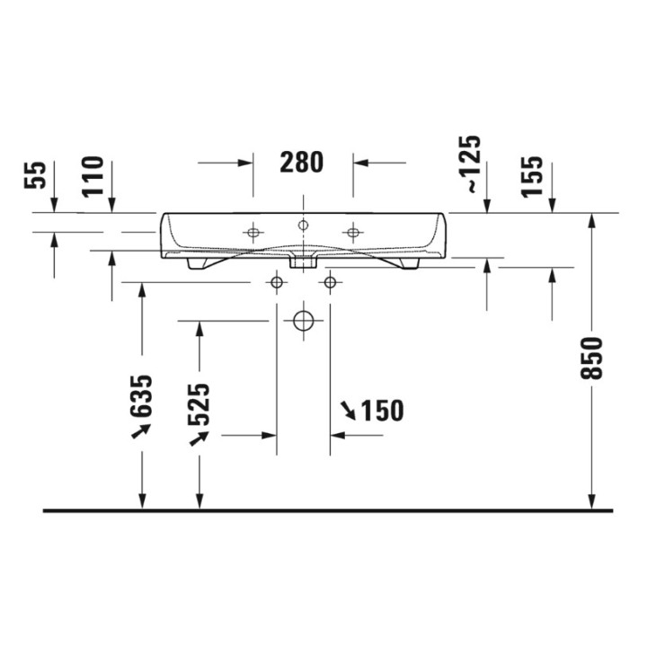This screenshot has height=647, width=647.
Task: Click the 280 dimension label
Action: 302,162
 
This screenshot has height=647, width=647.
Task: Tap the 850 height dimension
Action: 591,358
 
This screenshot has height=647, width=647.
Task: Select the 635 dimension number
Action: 141,395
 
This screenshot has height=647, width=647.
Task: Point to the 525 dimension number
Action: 199,404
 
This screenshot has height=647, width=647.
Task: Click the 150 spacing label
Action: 382,411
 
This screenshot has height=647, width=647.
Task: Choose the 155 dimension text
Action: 531,176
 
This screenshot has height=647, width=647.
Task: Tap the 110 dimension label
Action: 93,176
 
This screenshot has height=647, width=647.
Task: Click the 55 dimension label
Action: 35,175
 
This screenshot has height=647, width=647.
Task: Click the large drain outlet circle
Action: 304,321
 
